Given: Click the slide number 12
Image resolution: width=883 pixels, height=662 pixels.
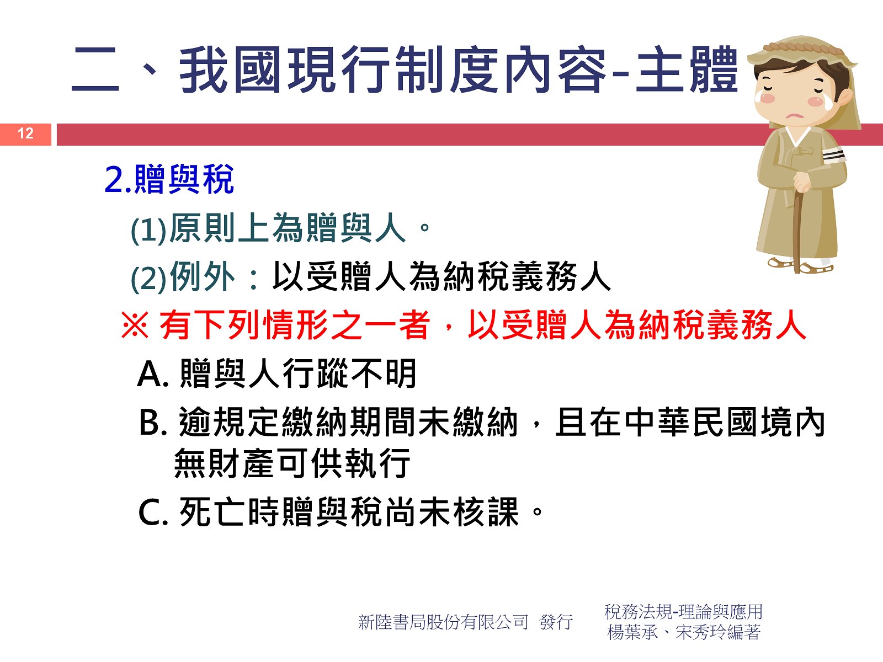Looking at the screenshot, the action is coord(25,134).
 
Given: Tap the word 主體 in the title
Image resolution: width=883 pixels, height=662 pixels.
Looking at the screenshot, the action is coord(687,70).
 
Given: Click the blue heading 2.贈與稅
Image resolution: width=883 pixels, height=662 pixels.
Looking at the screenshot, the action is coord(169,179).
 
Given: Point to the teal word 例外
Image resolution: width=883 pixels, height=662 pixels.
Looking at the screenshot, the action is coord(203,276).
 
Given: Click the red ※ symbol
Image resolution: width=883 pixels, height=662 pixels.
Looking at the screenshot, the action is coord(135,325).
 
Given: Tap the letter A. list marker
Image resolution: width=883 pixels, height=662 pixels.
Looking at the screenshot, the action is coord(152,374).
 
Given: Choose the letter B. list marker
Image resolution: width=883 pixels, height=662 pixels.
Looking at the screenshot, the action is coord(152,423).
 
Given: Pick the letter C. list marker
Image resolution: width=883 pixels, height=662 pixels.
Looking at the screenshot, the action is coord(153,512).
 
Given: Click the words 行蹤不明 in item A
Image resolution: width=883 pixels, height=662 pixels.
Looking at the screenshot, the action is coord(349,373).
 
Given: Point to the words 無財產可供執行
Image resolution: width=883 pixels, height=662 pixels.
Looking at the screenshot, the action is coord(292,463).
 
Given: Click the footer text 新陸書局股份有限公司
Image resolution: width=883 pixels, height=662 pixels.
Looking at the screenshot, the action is coord(443,622).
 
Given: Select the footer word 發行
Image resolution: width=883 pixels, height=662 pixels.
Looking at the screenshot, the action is coord(556,622).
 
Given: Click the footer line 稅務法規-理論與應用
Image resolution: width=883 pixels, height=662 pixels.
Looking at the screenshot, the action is coord(683,612).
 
